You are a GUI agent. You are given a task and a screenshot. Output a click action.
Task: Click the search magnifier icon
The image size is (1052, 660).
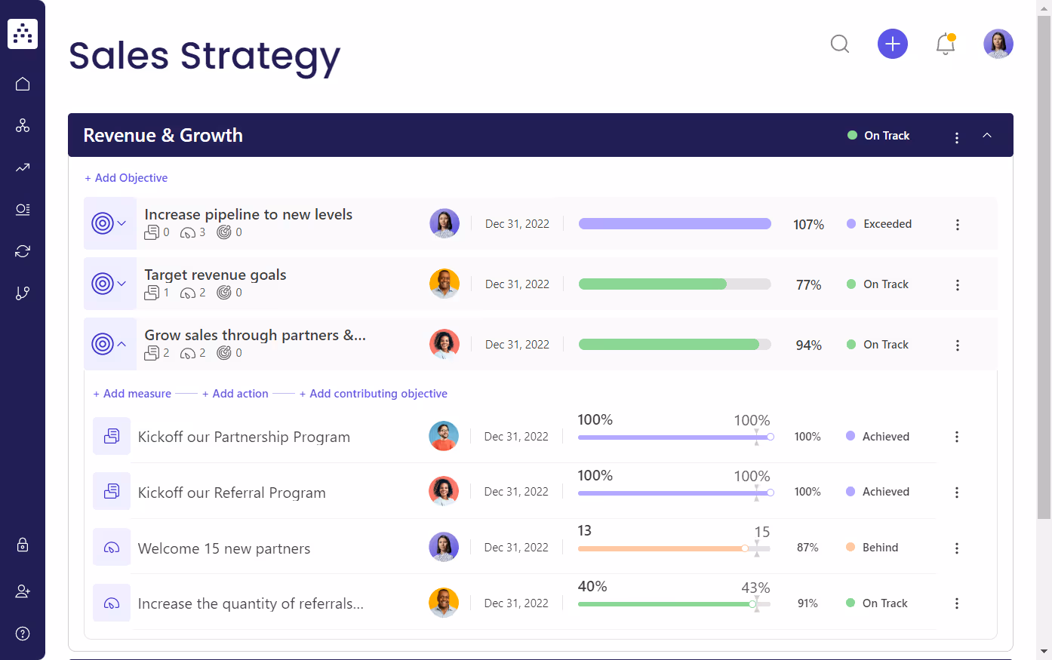pyautogui.click(x=840, y=44)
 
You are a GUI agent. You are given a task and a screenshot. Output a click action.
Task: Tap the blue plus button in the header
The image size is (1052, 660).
pyautogui.click(x=892, y=44)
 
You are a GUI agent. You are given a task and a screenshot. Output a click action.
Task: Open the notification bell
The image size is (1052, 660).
pyautogui.click(x=945, y=44)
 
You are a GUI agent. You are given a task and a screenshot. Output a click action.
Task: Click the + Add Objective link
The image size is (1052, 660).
pyautogui.click(x=126, y=178)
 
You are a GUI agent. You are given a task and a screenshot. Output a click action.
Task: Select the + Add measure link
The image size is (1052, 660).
pyautogui.click(x=132, y=394)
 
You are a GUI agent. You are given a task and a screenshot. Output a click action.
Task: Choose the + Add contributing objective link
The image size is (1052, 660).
pyautogui.click(x=374, y=394)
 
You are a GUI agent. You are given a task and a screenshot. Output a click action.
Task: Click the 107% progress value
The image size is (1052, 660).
pyautogui.click(x=808, y=225)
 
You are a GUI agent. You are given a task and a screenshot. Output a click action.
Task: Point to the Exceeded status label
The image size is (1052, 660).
pyautogui.click(x=887, y=224)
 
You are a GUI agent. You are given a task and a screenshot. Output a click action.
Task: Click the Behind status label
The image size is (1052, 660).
pyautogui.click(x=880, y=548)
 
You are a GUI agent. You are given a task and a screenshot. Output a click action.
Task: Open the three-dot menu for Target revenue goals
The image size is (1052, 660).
pyautogui.click(x=957, y=285)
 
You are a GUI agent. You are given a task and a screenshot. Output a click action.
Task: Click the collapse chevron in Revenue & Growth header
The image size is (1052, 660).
pyautogui.click(x=986, y=136)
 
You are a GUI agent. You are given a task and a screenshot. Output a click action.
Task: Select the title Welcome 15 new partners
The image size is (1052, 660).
pyautogui.click(x=224, y=548)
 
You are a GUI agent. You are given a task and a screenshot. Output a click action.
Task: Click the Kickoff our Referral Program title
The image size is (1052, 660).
pyautogui.click(x=232, y=493)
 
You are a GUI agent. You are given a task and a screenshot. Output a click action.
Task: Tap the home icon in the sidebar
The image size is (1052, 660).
pyautogui.click(x=23, y=84)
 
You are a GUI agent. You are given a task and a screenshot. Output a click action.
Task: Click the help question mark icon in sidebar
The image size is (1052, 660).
pyautogui.click(x=23, y=633)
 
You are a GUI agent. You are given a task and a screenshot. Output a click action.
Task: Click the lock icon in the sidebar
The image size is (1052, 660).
pyautogui.click(x=23, y=545)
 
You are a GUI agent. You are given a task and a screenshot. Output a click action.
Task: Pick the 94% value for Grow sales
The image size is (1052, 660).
pyautogui.click(x=808, y=345)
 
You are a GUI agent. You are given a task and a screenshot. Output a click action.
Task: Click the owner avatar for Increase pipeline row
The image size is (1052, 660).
pyautogui.click(x=444, y=224)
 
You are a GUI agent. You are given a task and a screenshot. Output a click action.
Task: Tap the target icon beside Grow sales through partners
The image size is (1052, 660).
pyautogui.click(x=103, y=344)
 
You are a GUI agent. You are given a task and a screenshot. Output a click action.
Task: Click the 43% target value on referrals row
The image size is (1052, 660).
pyautogui.click(x=755, y=588)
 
